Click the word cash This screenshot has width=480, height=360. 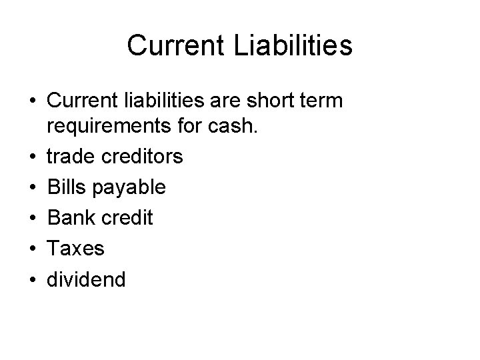231,127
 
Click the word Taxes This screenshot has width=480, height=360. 75,248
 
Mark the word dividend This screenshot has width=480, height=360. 85,278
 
